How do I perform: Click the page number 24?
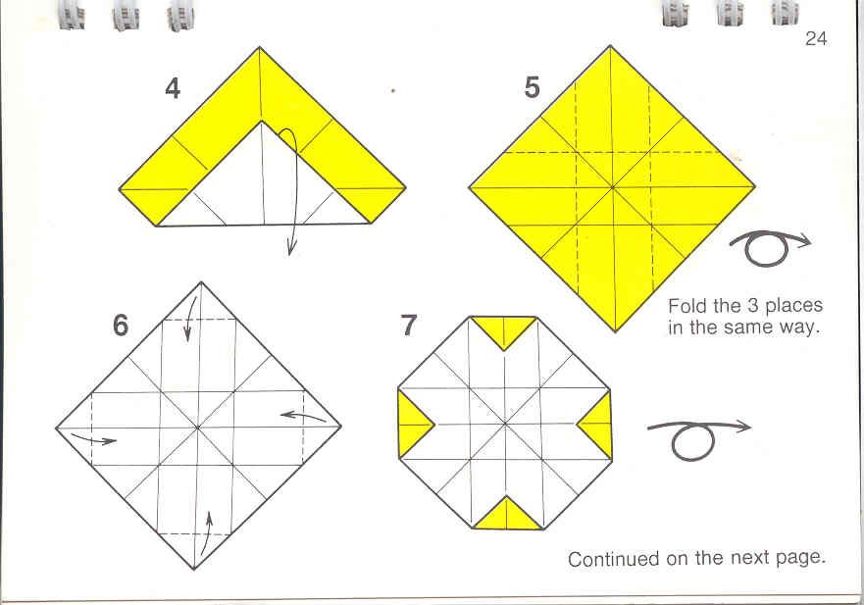pos(816,38)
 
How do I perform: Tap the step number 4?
pos(173,88)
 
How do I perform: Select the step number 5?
pos(532,87)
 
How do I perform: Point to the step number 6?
pos(120,325)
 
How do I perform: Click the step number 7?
pos(408,326)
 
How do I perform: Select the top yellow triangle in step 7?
pos(504,331)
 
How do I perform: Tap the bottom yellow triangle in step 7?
pos(507,514)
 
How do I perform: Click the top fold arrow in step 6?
pos(190,320)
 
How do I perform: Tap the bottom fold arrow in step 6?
pos(205,533)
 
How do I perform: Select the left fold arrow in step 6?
pos(94,438)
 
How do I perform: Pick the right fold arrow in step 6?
pos(304,416)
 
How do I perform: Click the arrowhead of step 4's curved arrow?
pos(291,248)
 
